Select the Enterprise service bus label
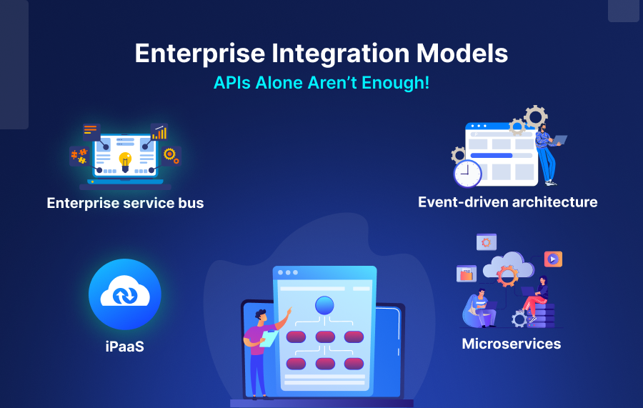tap(125, 203)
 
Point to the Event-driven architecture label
tap(507, 201)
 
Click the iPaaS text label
tap(125, 347)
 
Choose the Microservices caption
tap(511, 344)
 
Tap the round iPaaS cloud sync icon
tap(125, 294)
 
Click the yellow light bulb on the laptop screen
tap(125, 159)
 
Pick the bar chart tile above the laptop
tap(159, 132)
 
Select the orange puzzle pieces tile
tap(79, 155)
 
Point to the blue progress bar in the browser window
tap(492, 155)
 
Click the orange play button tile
tap(553, 259)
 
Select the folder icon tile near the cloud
tap(467, 273)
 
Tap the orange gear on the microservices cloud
tap(507, 275)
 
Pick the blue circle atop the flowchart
tap(324, 305)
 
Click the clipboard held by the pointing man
tap(269, 337)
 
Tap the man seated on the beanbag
tap(480, 307)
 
